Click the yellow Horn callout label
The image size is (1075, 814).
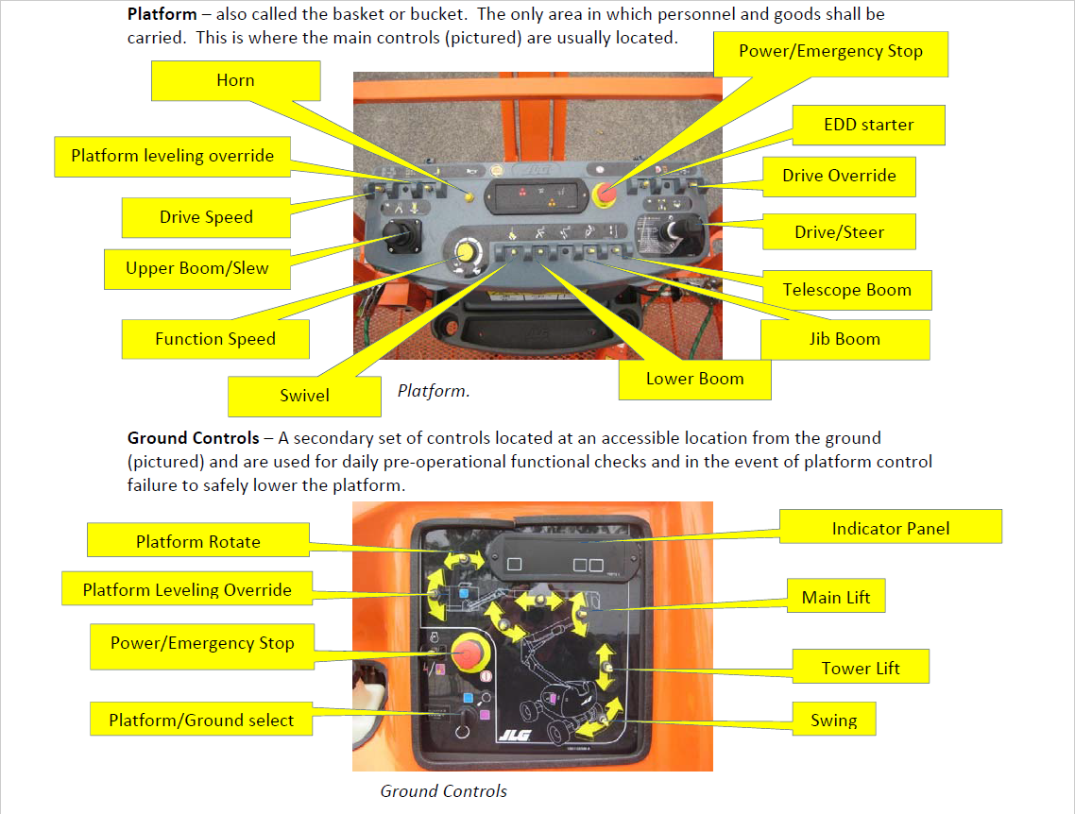point(235,81)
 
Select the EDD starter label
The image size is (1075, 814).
point(868,125)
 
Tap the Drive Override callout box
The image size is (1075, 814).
point(839,176)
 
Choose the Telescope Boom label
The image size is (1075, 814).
point(846,291)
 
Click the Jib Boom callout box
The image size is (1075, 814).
point(845,340)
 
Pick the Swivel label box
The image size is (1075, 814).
point(304,396)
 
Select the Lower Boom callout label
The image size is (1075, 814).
point(694,380)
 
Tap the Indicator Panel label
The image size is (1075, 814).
point(890,529)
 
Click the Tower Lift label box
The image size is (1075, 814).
point(861,669)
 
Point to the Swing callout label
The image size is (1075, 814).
point(834,721)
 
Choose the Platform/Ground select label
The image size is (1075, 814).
point(201,721)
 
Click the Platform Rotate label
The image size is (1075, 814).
point(197,542)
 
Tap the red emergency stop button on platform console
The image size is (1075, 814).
point(605,194)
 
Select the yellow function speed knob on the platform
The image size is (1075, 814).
point(465,251)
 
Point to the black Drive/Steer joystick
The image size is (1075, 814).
point(674,231)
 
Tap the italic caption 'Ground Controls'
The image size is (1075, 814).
point(443,791)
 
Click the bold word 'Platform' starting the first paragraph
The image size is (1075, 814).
point(162,15)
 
